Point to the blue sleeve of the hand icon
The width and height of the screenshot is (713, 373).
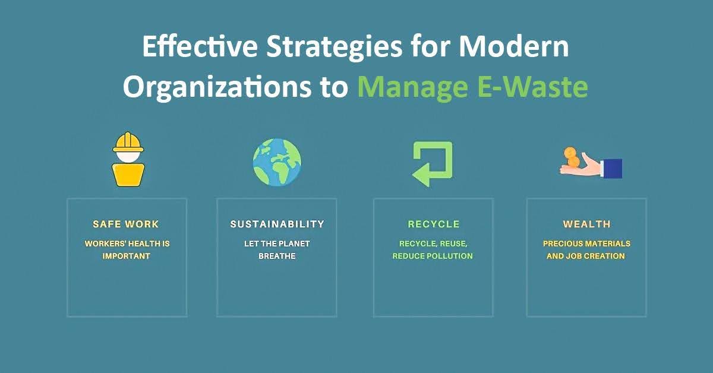(612, 168)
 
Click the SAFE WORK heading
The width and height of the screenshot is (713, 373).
(126, 225)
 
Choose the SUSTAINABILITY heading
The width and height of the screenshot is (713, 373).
(277, 225)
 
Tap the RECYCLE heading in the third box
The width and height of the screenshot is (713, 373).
(433, 225)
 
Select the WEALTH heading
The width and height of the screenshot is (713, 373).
(586, 225)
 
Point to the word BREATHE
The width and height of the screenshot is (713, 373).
(277, 256)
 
